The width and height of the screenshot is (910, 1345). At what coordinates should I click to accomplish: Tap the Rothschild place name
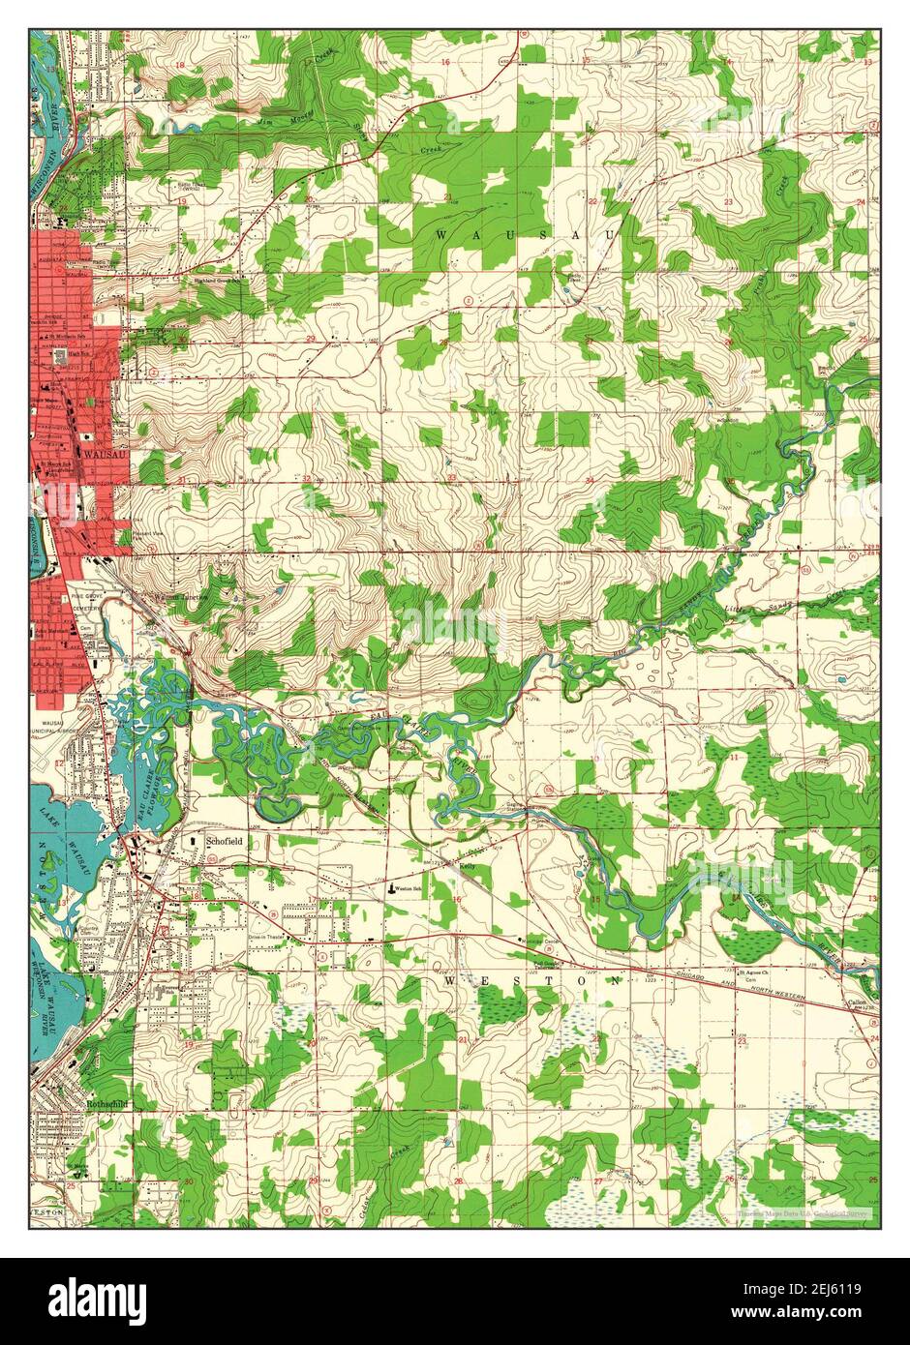pos(106,1101)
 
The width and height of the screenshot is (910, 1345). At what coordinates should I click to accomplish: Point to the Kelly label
pos(470,867)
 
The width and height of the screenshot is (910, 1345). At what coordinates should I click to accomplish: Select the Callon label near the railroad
pos(854,1002)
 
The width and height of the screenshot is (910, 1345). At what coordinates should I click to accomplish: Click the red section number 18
pos(179,64)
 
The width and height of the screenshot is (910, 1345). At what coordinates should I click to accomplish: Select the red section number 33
pos(452,479)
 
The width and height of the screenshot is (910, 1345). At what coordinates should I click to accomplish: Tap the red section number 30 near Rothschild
pos(188,1181)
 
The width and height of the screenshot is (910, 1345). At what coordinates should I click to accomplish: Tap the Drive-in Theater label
pos(268,938)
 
